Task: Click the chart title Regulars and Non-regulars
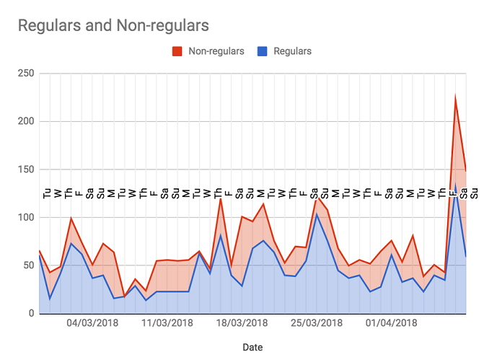point(113,25)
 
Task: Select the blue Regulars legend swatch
point(263,51)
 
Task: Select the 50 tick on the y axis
point(28,265)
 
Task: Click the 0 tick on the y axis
point(31,313)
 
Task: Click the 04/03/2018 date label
point(92,322)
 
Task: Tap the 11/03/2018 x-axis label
point(167,322)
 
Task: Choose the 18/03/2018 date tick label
point(242,322)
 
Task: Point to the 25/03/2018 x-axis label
point(317,322)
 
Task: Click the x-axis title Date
point(252,347)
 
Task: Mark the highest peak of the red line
point(455,96)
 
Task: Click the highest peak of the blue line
point(455,185)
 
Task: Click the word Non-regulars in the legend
point(216,51)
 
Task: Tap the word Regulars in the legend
point(293,51)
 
